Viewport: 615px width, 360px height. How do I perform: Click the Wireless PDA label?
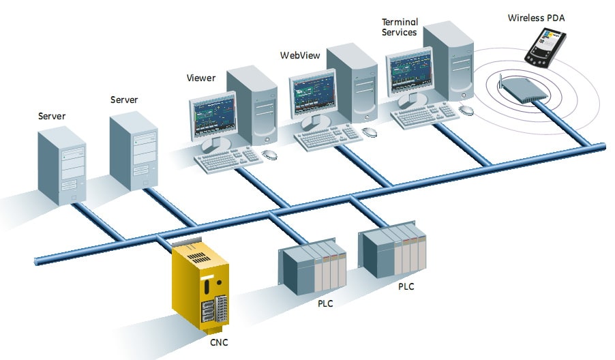point(537,17)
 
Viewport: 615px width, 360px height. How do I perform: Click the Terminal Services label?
point(399,27)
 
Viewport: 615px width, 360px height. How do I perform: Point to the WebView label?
point(297,55)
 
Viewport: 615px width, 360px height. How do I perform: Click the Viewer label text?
point(201,78)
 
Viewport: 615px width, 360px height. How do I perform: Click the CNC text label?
point(220,341)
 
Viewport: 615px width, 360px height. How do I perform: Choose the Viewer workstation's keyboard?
point(228,159)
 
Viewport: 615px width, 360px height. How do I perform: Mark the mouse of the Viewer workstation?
point(269,154)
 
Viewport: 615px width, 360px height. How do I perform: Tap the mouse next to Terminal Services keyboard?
point(467,109)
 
